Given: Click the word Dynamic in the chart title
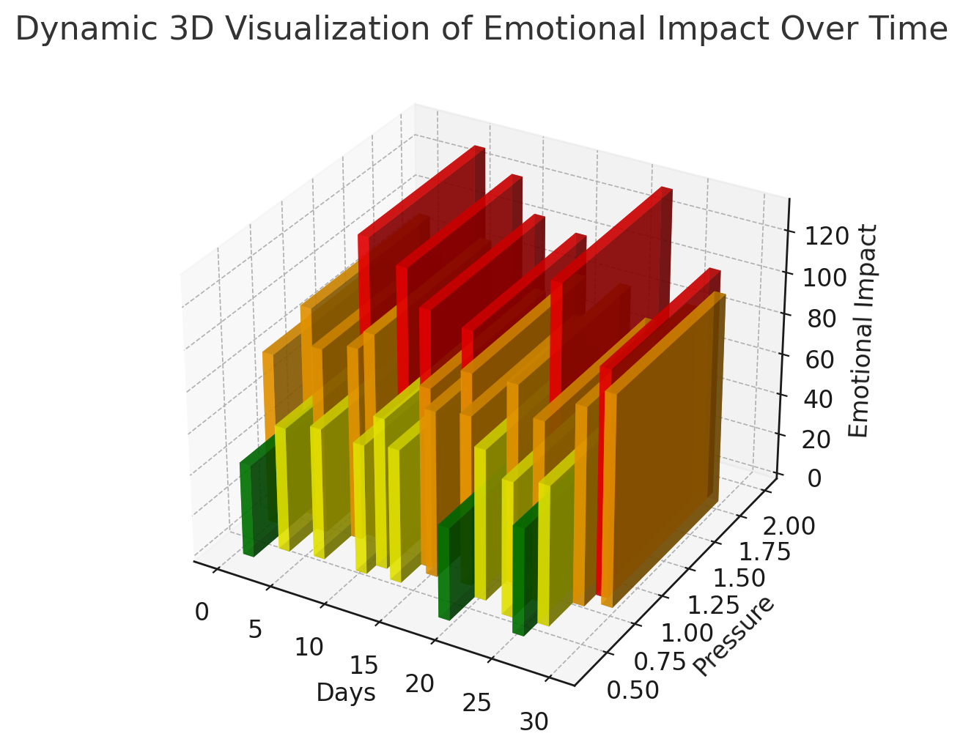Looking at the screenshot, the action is [x=86, y=30].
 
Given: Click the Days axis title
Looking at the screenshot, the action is [x=346, y=692].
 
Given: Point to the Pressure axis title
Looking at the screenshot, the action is [x=734, y=636].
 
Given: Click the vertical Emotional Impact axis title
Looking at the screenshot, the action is [x=862, y=331].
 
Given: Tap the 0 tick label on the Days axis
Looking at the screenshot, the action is [x=202, y=613].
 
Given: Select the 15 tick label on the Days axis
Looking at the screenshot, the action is [x=364, y=666].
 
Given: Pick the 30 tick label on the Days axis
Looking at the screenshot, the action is [x=534, y=722].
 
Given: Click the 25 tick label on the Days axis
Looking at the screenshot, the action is [x=476, y=703].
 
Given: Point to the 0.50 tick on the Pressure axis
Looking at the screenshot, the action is [x=632, y=691].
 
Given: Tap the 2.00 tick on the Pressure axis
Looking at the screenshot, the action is [x=789, y=527].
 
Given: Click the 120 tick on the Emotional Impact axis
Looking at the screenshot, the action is [x=827, y=236].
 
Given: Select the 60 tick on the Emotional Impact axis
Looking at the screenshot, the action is [x=819, y=360].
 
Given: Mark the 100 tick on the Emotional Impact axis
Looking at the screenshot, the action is [x=824, y=278].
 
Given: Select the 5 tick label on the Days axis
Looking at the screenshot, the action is [x=255, y=629].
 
